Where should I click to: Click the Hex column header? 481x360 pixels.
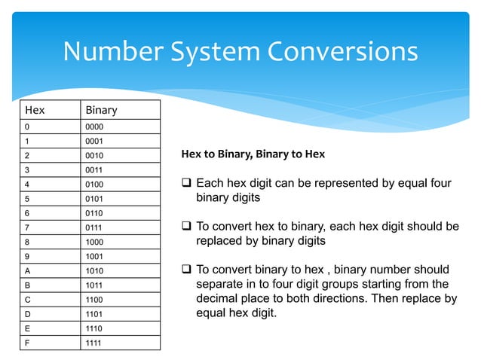35,110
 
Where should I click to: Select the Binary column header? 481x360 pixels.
101,110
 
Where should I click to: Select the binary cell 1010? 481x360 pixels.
93,270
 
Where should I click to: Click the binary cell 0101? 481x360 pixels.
93,199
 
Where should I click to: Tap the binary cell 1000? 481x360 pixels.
93,242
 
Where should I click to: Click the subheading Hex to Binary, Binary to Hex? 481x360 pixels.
253,154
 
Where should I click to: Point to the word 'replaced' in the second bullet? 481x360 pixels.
220,241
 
